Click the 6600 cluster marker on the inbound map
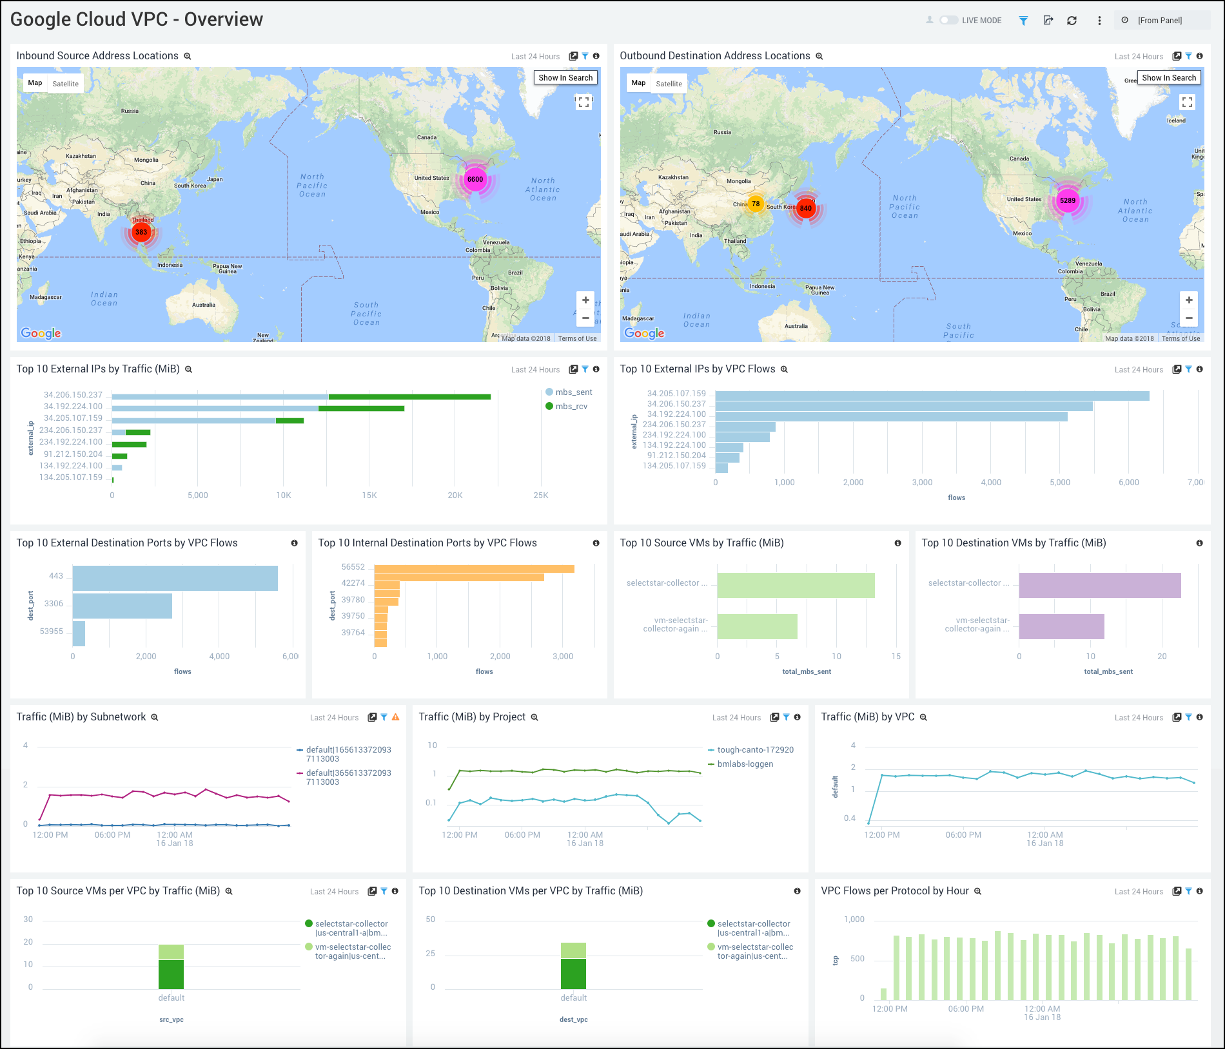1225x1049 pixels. (475, 179)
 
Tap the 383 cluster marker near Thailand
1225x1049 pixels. (141, 232)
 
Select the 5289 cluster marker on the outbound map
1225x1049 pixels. (1068, 200)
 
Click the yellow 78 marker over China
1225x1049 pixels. (756, 204)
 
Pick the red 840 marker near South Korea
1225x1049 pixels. (806, 208)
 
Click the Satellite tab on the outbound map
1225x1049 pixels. (669, 84)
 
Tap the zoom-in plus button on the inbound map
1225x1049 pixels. (585, 300)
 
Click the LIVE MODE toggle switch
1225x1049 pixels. (948, 21)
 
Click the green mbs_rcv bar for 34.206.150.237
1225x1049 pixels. (409, 397)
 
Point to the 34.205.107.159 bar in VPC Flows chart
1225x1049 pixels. (932, 396)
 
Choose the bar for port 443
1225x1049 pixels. (175, 578)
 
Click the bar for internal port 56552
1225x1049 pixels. (474, 569)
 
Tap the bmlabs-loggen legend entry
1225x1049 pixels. (745, 764)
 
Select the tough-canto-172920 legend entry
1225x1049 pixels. (755, 750)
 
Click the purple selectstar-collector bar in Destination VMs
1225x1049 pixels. (1099, 585)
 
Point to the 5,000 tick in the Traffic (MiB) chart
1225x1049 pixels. (198, 496)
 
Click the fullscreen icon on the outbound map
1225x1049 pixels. (1187, 102)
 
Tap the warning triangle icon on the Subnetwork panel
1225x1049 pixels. (396, 717)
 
